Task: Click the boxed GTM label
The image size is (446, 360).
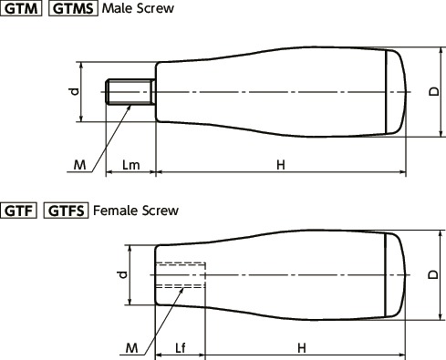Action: click(21, 8)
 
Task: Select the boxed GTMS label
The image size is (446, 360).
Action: click(73, 8)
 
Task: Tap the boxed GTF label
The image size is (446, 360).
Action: click(18, 211)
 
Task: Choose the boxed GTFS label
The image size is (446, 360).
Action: click(66, 211)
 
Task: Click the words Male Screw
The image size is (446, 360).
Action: click(138, 8)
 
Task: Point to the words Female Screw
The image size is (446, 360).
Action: click(136, 211)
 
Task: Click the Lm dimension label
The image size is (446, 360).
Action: click(131, 165)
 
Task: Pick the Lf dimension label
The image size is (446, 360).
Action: click(181, 348)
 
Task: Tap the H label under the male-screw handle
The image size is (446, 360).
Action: click(281, 165)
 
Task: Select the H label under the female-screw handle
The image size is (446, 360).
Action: click(302, 348)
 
